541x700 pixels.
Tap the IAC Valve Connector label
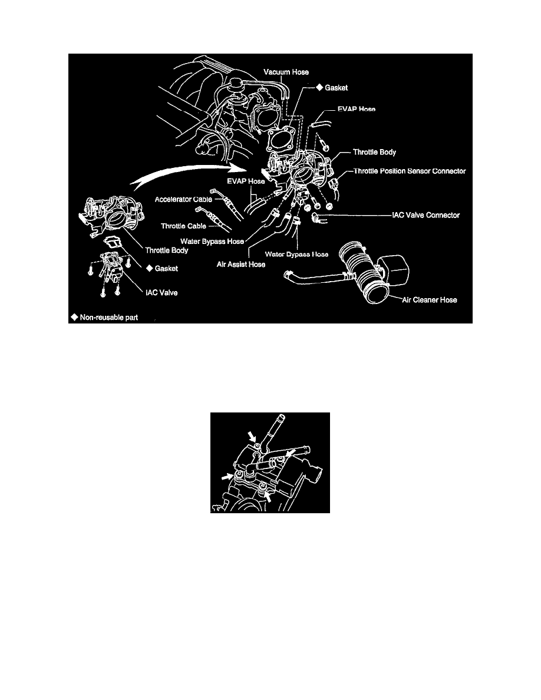pos(425,215)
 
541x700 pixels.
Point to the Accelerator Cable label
pos(184,199)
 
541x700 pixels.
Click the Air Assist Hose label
pos(242,265)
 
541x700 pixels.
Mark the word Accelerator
pos(174,199)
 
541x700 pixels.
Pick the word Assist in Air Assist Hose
pos(242,265)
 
